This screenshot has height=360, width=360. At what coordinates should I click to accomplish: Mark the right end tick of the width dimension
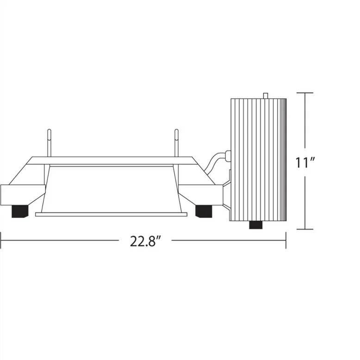tap(286, 240)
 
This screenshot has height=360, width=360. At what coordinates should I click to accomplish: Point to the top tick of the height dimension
tap(305, 93)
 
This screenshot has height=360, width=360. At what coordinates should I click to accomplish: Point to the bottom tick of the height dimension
tap(305, 229)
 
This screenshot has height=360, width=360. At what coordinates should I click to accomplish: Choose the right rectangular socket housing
tap(200, 194)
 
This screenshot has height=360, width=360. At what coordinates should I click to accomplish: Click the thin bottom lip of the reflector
tap(111, 214)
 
